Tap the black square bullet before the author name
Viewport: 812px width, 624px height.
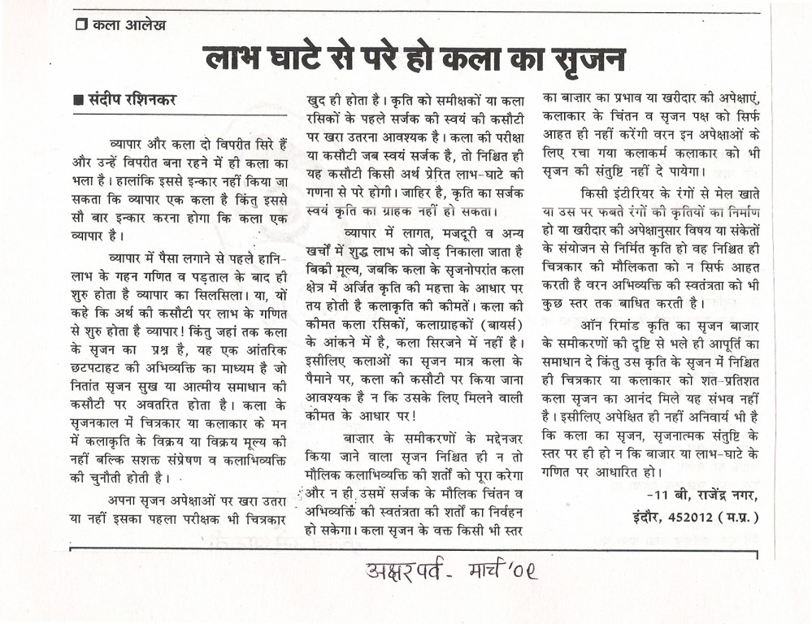pos(78,102)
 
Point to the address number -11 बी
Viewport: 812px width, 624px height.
pos(663,495)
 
